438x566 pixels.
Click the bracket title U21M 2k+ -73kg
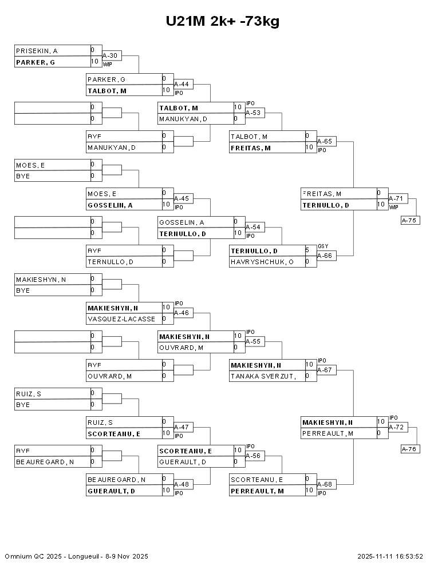[x=223, y=21]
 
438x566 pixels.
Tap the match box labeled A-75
[x=411, y=220]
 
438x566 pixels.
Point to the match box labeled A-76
[x=411, y=449]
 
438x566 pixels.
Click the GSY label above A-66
[x=322, y=246]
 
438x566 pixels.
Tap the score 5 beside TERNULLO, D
[x=307, y=250]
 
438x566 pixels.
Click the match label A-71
[x=396, y=198]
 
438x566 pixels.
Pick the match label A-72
[x=396, y=427]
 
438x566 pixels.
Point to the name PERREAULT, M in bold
[x=257, y=491]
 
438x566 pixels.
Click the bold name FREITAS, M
[x=251, y=148]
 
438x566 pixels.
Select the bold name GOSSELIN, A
[x=110, y=205]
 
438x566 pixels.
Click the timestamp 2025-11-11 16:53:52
[x=390, y=556]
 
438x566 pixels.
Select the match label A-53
[x=253, y=113]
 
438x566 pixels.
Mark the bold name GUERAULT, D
[x=111, y=491]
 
